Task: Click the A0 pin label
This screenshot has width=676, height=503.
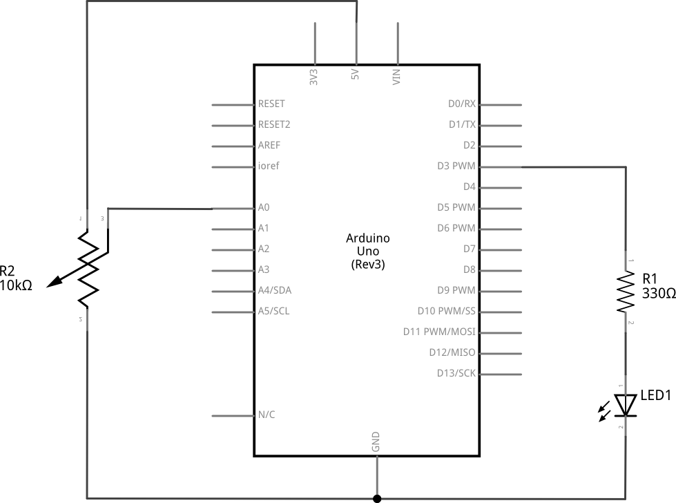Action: [x=263, y=207]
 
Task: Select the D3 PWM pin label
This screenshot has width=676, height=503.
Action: [x=456, y=166]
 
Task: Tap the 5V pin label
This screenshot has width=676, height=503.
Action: [x=355, y=74]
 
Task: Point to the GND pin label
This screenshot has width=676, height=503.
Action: [x=376, y=442]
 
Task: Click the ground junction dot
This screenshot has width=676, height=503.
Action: [x=377, y=499]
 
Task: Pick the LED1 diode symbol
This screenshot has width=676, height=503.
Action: [x=626, y=405]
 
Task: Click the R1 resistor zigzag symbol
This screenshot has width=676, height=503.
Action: [x=626, y=291]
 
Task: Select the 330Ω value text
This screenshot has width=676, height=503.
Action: [x=659, y=294]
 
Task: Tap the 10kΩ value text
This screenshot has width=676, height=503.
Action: [x=16, y=285]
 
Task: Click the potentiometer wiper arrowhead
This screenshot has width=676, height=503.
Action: [x=53, y=282]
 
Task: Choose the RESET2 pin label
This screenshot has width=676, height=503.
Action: [x=274, y=124]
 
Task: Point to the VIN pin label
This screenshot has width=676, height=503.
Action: [x=396, y=77]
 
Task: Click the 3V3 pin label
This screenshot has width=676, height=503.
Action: [x=313, y=77]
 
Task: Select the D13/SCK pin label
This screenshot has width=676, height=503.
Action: [x=456, y=373]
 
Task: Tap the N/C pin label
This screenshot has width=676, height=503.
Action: [x=267, y=415]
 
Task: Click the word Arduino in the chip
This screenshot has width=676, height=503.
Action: [x=368, y=238]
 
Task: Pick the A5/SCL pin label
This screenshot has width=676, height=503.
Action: [x=273, y=311]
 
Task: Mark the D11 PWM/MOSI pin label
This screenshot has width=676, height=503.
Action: [x=439, y=332]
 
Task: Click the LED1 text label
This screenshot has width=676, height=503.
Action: [x=656, y=395]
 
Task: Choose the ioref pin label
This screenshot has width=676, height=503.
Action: [x=269, y=166]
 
